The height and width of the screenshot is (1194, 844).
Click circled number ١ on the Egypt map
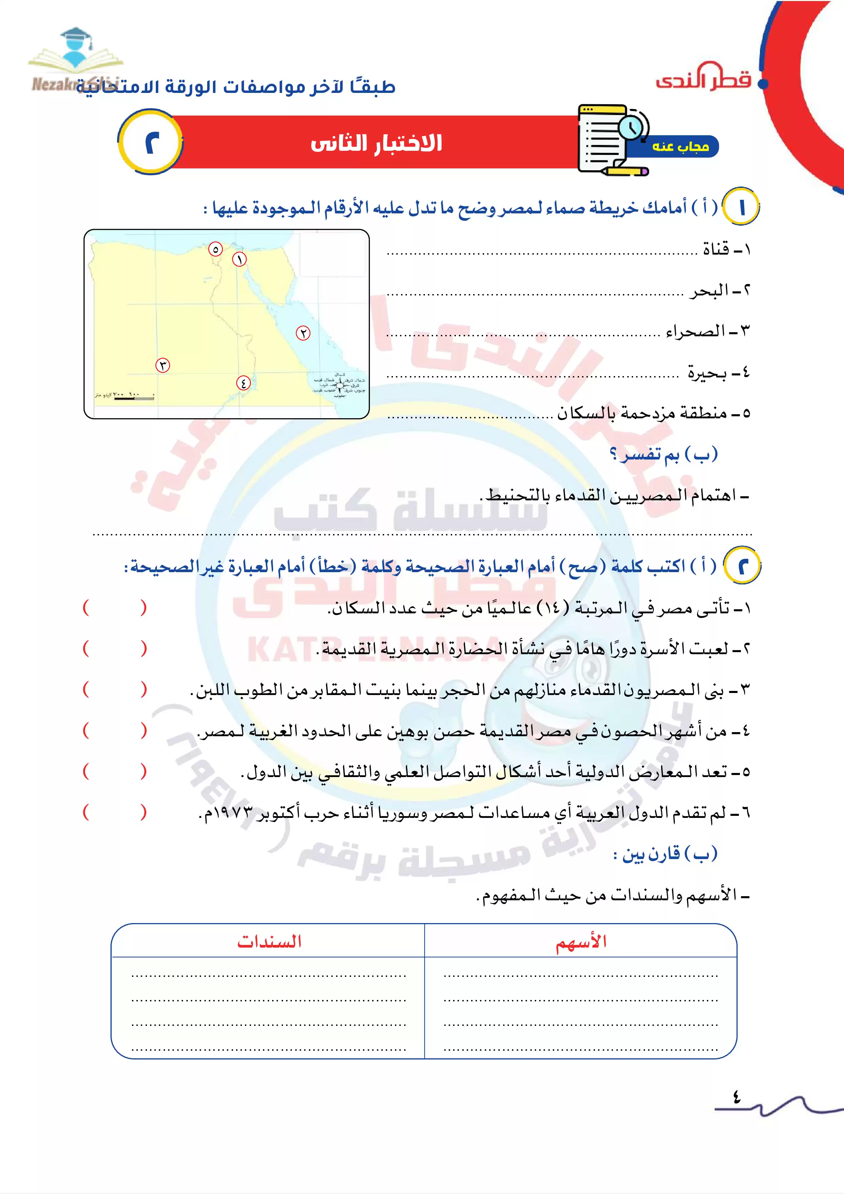click(x=239, y=259)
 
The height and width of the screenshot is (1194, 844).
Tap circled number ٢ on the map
click(x=303, y=333)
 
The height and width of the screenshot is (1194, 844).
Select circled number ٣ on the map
click(x=163, y=365)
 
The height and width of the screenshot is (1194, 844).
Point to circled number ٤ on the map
click(x=243, y=383)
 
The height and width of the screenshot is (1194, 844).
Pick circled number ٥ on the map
click(x=215, y=249)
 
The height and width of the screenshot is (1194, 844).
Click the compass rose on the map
click(x=340, y=385)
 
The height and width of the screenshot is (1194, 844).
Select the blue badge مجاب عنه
click(x=680, y=147)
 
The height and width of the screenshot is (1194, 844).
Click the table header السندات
click(x=269, y=942)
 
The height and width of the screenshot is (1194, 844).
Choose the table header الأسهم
click(x=581, y=942)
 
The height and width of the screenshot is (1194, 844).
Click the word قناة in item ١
click(x=716, y=249)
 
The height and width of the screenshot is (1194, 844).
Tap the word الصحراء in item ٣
click(x=695, y=331)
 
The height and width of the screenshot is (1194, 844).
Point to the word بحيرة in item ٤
click(x=707, y=373)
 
